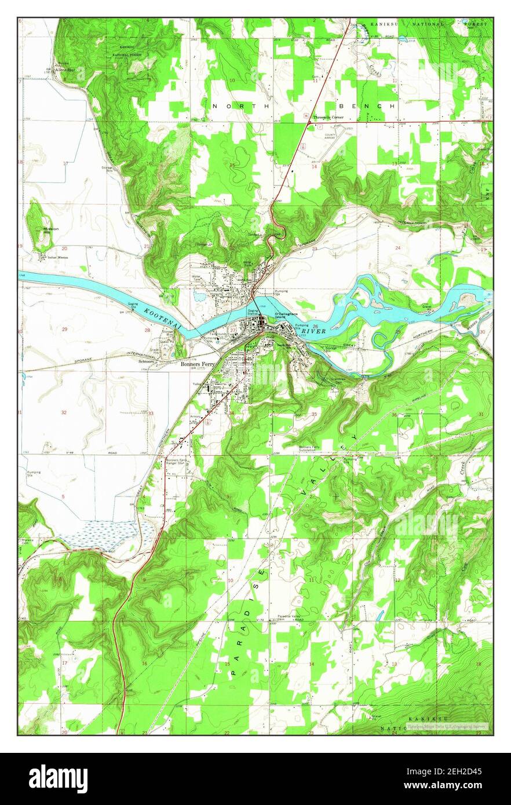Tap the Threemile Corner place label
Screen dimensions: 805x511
click(x=329, y=118)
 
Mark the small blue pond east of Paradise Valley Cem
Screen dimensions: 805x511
click(x=378, y=615)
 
